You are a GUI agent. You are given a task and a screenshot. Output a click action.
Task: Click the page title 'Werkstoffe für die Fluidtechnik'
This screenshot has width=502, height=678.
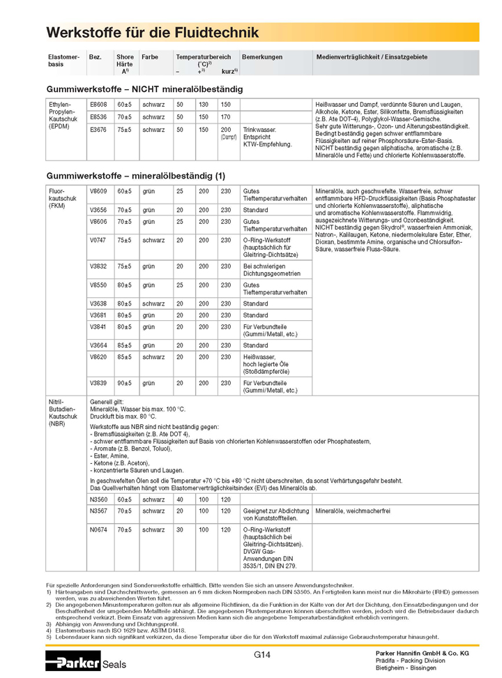tap(152, 33)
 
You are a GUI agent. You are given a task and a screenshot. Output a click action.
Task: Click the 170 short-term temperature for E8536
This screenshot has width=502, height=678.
tap(225, 116)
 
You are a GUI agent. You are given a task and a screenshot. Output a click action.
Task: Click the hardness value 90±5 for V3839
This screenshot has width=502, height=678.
tap(124, 382)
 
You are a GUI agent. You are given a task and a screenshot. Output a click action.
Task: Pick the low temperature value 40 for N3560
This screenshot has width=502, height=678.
tap(179, 499)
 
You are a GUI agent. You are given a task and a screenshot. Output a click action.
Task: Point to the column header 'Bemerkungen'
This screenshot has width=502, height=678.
tap(262, 56)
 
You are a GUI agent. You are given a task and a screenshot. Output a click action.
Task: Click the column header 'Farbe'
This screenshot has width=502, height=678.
tap(149, 56)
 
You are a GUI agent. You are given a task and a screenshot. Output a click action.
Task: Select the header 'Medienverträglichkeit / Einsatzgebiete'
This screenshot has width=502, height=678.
tap(372, 56)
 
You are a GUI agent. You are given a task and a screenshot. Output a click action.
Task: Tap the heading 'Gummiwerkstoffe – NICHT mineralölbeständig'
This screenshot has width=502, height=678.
tap(144, 89)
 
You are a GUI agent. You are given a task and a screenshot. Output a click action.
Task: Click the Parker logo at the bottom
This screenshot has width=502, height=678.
tap(73, 662)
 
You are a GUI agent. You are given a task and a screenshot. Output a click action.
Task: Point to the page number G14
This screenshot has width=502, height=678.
tap(262, 654)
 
